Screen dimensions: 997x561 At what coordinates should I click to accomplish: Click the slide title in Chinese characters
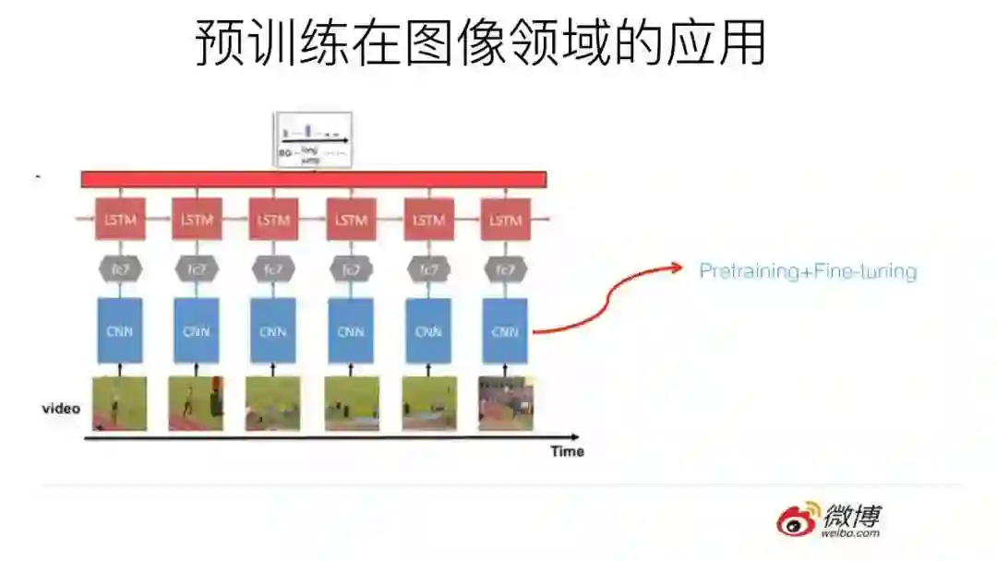(x=480, y=43)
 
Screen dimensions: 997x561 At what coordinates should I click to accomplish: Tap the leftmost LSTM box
(x=119, y=221)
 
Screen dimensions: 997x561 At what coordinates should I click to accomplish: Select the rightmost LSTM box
(x=505, y=221)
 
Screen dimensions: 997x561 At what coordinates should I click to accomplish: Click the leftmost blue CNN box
(x=119, y=330)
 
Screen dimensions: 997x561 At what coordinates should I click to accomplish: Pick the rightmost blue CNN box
(x=505, y=330)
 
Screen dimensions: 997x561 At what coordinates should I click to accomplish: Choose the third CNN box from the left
(x=273, y=330)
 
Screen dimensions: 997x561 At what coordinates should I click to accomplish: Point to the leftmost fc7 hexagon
(x=119, y=269)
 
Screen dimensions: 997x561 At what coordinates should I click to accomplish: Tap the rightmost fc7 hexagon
(x=505, y=269)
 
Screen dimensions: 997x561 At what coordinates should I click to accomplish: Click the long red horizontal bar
(x=314, y=179)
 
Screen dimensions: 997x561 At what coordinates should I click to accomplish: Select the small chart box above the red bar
(x=314, y=139)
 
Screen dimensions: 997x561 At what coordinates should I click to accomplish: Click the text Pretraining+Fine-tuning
(x=808, y=271)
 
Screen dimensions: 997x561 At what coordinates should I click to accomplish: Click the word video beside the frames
(x=61, y=408)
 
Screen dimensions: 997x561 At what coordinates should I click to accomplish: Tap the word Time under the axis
(x=567, y=451)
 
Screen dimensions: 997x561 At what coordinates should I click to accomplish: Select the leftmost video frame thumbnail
(x=119, y=403)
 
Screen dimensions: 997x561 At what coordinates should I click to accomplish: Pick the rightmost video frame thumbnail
(x=505, y=403)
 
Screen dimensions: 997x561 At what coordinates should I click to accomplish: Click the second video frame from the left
(x=196, y=403)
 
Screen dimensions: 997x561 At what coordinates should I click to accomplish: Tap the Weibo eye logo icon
(x=797, y=519)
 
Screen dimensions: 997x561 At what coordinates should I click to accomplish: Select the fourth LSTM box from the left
(x=351, y=221)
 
